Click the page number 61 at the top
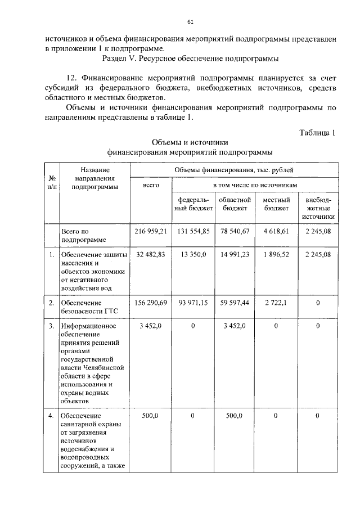190,22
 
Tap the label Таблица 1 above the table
318,133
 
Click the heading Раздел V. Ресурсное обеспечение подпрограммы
191,58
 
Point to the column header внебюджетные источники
318,208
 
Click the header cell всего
151,184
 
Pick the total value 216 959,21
151,231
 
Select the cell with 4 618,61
276,231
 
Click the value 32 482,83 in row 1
151,255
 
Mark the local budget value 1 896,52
276,255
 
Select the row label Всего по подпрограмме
82,235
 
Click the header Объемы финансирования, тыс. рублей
234,169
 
